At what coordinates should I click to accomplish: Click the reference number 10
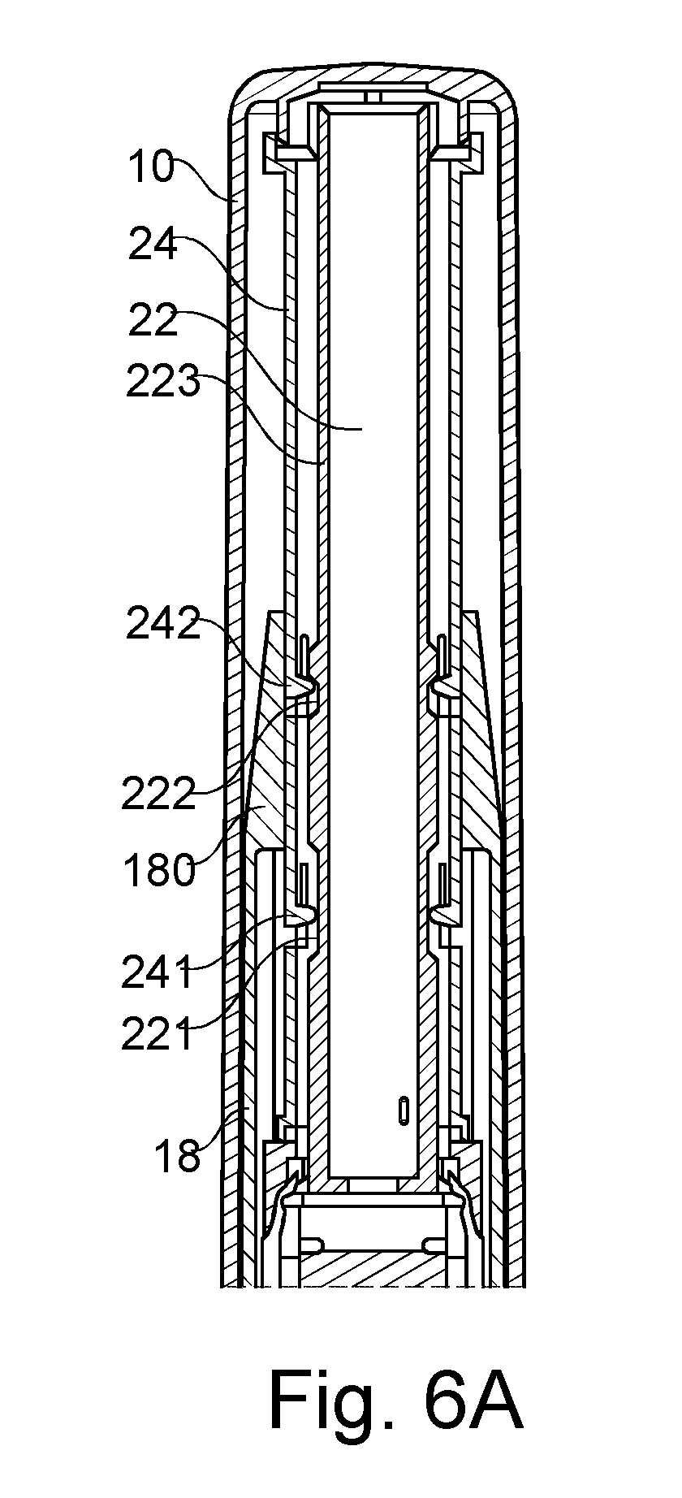point(150,167)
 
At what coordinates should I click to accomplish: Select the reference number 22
point(153,321)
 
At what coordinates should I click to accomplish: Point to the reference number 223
point(163,381)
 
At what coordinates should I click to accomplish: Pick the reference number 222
point(159,793)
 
